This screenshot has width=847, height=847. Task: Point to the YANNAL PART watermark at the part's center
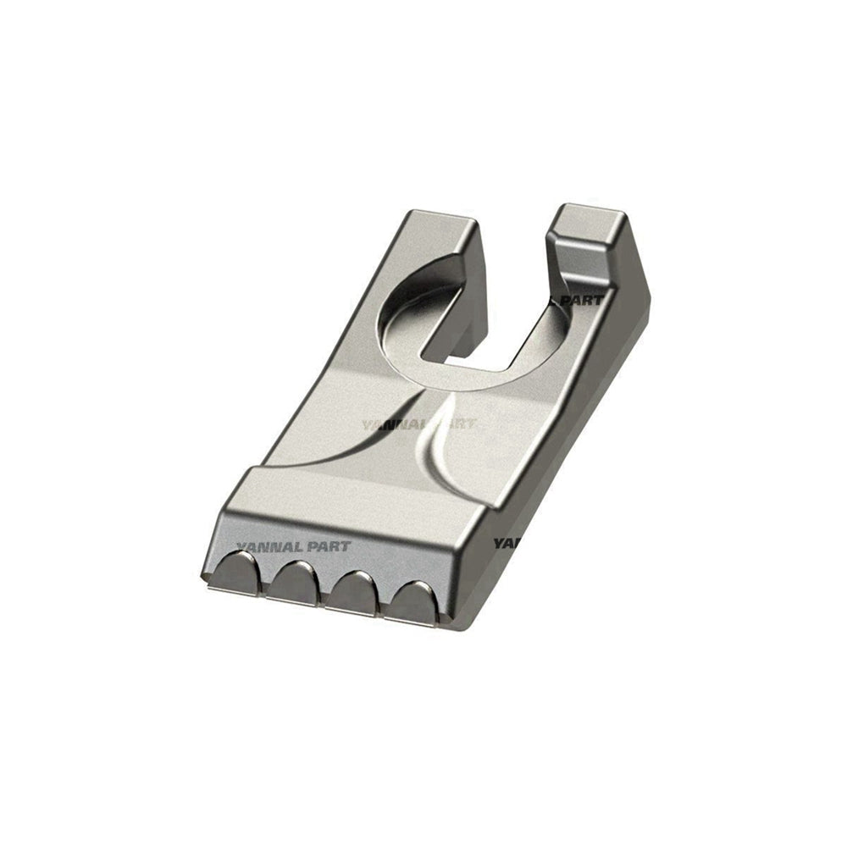[418, 424]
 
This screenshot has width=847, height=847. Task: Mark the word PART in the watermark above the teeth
[331, 546]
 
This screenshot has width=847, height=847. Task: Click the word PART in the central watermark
[454, 424]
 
